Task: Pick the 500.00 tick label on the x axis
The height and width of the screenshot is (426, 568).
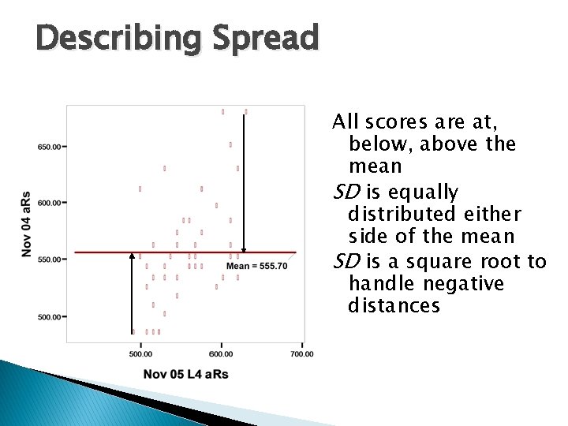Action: (141, 354)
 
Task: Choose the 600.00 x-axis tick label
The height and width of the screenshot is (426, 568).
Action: (221, 354)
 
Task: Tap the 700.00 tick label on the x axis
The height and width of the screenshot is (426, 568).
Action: (301, 354)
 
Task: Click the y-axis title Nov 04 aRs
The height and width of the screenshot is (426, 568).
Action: (25, 223)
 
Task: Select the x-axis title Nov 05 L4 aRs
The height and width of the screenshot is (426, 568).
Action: (186, 374)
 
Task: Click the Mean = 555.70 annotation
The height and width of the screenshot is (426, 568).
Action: (256, 267)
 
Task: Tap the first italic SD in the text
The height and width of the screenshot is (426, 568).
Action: (345, 192)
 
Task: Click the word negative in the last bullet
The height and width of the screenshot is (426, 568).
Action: (466, 283)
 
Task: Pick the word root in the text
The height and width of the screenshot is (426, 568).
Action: (501, 260)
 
